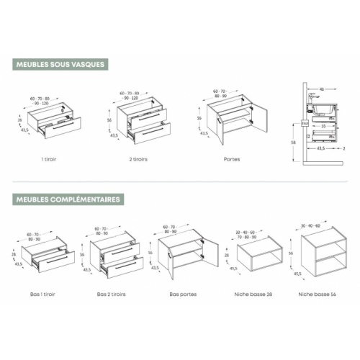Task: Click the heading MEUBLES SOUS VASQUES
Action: click(61, 64)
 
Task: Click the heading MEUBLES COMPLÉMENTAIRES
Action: click(68, 199)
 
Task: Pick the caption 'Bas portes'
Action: click(183, 294)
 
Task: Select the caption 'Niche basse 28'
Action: click(252, 294)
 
